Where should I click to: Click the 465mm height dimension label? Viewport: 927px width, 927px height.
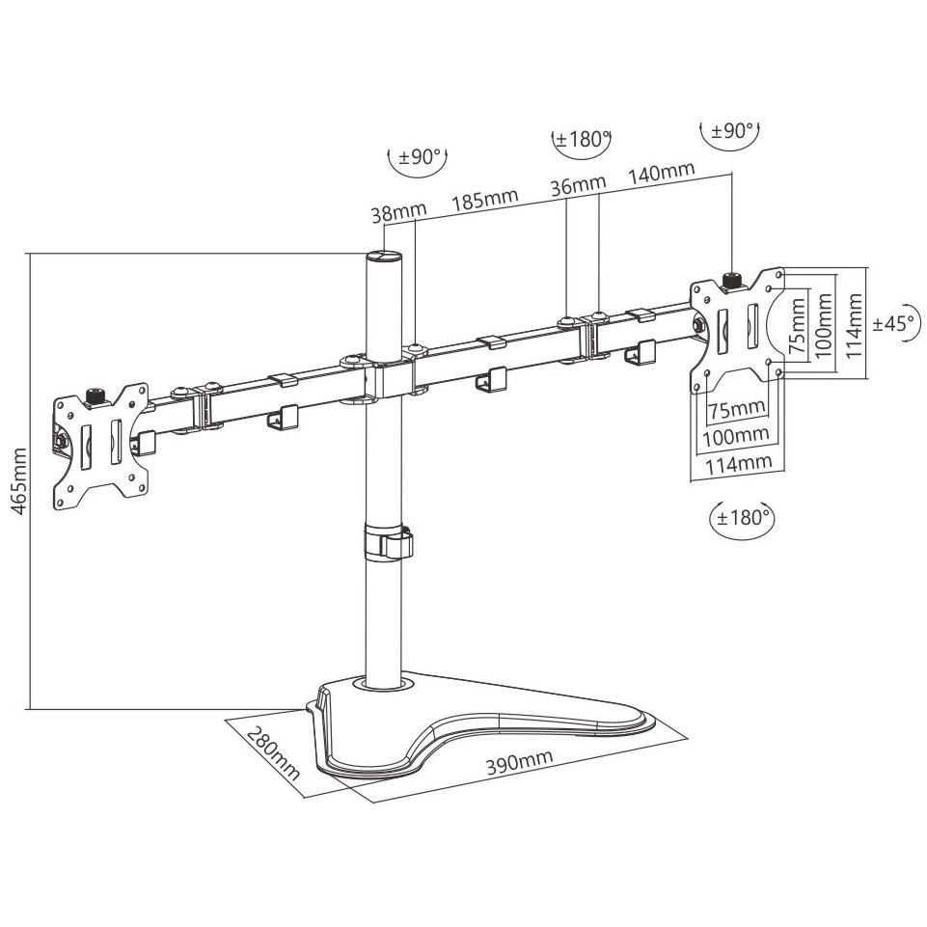(x=19, y=481)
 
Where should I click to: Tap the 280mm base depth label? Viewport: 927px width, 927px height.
(x=274, y=752)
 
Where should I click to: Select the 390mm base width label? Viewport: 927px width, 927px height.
(x=520, y=762)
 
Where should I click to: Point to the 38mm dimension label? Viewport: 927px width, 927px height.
(x=398, y=213)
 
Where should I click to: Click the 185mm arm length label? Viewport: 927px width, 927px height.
(x=485, y=200)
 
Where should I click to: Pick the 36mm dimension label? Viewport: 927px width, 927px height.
(x=578, y=185)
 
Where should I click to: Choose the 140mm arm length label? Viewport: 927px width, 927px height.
(x=661, y=173)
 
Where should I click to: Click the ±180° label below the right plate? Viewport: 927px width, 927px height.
(x=742, y=518)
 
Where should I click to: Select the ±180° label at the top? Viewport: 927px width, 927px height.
(x=582, y=140)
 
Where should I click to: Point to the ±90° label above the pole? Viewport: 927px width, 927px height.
(x=419, y=157)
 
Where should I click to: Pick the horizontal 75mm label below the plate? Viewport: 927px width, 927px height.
(x=737, y=409)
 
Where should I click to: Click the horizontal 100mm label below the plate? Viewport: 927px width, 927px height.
(x=735, y=436)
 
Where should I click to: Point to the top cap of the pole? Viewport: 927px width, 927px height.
(x=383, y=256)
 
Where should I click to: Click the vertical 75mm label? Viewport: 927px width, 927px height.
(x=797, y=326)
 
